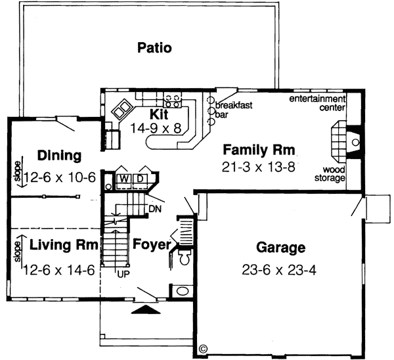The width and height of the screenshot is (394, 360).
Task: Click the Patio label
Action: click(x=154, y=47)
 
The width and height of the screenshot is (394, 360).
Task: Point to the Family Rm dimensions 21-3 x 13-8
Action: click(x=258, y=167)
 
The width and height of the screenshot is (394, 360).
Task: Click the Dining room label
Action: click(x=59, y=156)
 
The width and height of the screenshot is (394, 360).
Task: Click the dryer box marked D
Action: click(x=139, y=179)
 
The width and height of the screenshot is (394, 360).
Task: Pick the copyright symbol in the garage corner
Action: click(x=203, y=348)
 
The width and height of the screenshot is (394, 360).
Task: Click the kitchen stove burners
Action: click(x=173, y=101)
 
